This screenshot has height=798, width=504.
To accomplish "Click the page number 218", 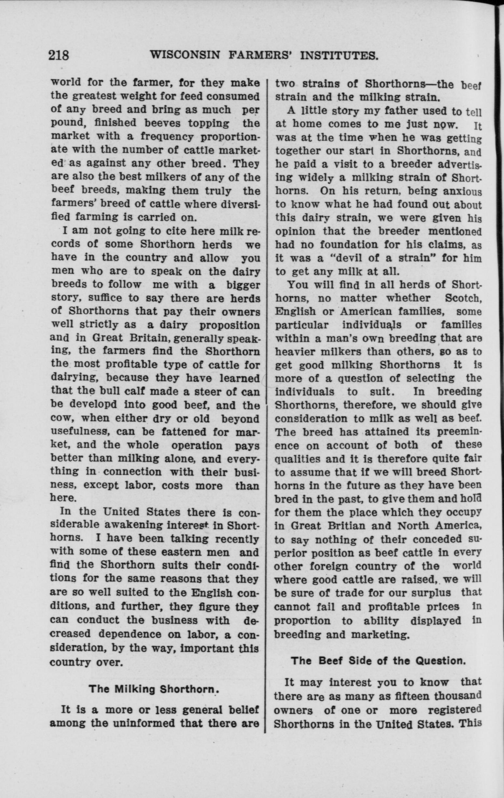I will (59, 55).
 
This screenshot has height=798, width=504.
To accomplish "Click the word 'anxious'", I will (462, 191).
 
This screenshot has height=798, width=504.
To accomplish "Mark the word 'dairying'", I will (73, 378).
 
